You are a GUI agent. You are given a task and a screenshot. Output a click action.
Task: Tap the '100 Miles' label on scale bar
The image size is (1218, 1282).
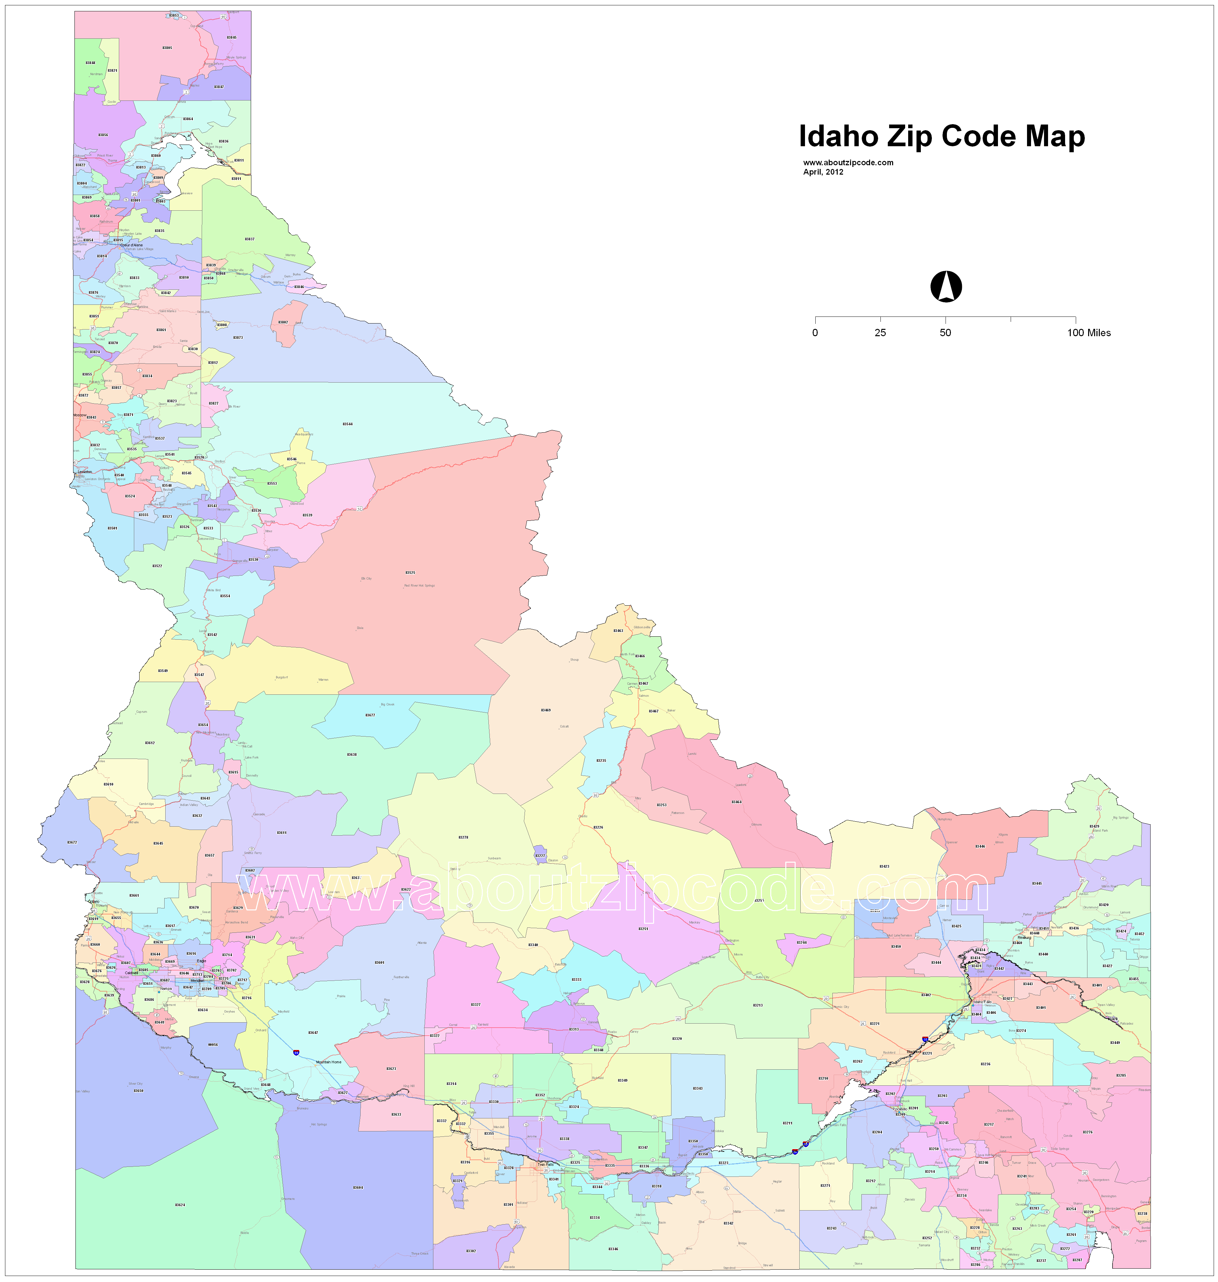(1089, 333)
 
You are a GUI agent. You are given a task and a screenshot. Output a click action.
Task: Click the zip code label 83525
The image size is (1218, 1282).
(410, 573)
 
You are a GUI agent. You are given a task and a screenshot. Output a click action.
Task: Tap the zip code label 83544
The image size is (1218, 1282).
(347, 424)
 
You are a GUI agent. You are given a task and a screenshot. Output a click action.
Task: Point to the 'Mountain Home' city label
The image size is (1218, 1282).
(328, 1062)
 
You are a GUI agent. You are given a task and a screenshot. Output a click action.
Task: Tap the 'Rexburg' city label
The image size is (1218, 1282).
(1025, 937)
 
